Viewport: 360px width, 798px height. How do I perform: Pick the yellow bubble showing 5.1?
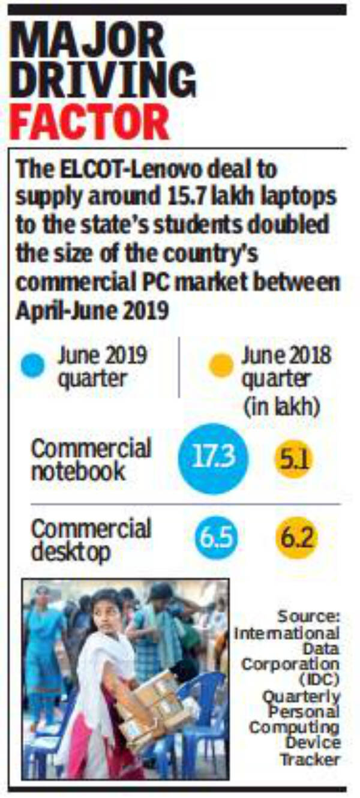pos(293,460)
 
